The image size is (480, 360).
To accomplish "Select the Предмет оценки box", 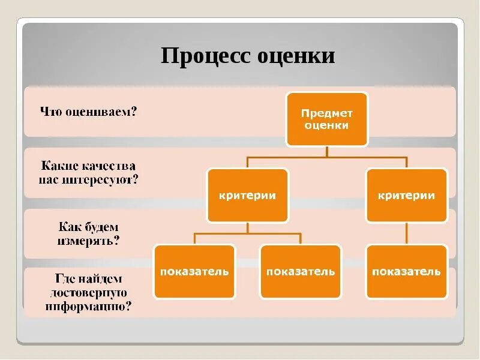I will [x=326, y=119].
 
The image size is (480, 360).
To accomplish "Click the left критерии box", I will [x=248, y=196].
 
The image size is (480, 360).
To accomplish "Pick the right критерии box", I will [x=407, y=196].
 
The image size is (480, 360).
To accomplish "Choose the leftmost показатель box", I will [x=194, y=271].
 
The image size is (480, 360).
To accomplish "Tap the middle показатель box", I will [x=301, y=271].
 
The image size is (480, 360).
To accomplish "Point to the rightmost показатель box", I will [x=407, y=271].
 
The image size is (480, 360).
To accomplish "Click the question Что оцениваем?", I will [x=88, y=112].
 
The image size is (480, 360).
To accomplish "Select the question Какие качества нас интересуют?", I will [x=89, y=172].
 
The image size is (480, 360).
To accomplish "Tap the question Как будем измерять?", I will [x=89, y=235].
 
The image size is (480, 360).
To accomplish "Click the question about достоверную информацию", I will [x=89, y=292].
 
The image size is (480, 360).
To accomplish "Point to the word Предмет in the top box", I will [x=326, y=113].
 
